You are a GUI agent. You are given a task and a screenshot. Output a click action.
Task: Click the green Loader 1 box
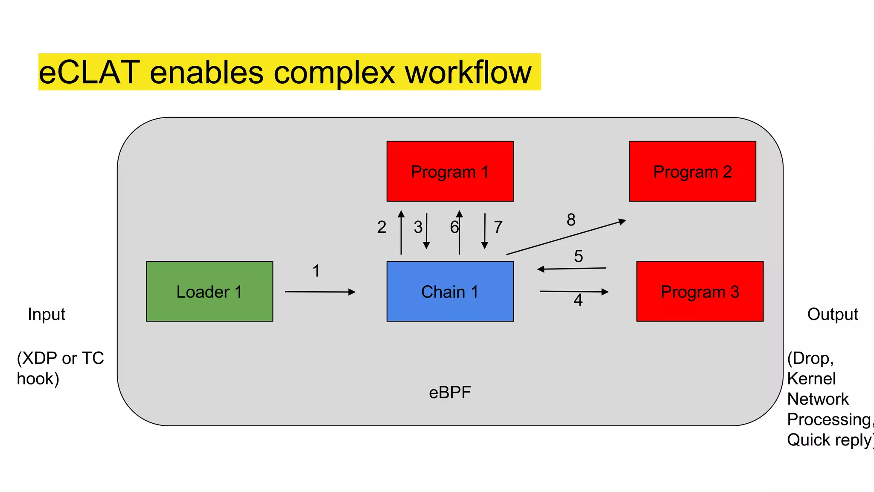tap(210, 291)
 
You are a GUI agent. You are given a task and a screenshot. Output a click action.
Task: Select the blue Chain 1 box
tap(450, 291)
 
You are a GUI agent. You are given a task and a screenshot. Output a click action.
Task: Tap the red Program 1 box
tap(450, 171)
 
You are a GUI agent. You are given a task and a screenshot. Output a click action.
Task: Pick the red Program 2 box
tap(692, 171)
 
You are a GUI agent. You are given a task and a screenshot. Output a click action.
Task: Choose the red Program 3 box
tap(699, 291)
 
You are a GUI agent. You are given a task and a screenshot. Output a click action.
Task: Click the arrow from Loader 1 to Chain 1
tap(320, 292)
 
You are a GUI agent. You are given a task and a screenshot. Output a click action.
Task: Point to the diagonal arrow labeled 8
tap(566, 237)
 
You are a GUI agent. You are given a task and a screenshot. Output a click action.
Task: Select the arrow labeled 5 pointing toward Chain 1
tap(572, 269)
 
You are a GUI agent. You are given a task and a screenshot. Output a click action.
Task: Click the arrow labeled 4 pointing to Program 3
tap(574, 292)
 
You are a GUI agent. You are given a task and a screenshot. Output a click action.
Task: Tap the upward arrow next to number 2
tap(401, 233)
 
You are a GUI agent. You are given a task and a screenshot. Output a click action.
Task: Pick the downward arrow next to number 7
tap(485, 231)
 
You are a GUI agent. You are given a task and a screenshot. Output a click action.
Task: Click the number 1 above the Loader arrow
tap(316, 271)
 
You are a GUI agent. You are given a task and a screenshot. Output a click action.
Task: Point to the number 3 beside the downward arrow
tap(418, 227)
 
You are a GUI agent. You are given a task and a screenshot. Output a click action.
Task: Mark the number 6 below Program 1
tap(454, 227)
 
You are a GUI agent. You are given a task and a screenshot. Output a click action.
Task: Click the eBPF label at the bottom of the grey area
tap(450, 392)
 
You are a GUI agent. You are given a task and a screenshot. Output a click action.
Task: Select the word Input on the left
tap(46, 314)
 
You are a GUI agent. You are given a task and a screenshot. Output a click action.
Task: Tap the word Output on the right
tap(832, 314)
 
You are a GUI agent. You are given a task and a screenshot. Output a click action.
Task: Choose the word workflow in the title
tap(468, 72)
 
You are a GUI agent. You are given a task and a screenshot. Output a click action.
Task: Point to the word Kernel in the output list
tap(811, 378)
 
